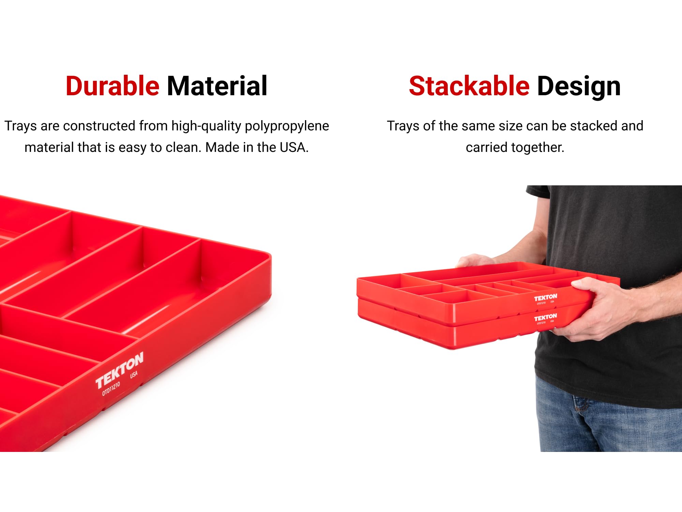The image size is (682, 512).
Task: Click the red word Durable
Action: coord(112,86)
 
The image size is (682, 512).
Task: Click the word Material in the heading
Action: coord(217,86)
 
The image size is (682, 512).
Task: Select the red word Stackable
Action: coord(469,86)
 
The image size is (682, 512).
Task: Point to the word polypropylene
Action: coord(287,126)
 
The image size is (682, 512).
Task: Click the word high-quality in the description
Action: coord(206,126)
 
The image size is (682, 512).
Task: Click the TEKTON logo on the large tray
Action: coord(119,370)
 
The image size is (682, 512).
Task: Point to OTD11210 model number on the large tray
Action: coord(111,389)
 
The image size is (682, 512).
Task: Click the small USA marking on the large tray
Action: coord(134,374)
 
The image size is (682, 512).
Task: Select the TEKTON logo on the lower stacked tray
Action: coord(545,317)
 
